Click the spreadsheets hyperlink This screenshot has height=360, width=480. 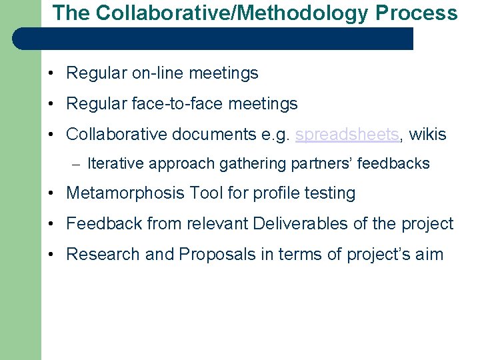click(x=347, y=134)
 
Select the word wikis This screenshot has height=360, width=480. click(x=427, y=134)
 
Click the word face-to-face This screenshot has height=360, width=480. click(x=178, y=103)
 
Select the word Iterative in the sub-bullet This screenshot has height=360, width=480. click(x=115, y=163)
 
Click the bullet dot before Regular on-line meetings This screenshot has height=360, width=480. click(x=51, y=73)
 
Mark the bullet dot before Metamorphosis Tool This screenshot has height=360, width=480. click(x=51, y=194)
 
